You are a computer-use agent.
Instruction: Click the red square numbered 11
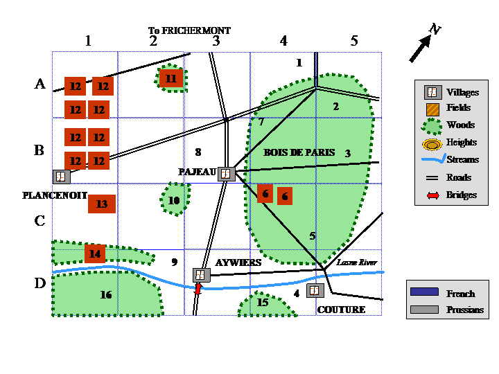pyautogui.click(x=171, y=78)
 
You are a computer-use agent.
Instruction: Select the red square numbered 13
pyautogui.click(x=102, y=204)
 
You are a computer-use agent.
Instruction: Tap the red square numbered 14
pyautogui.click(x=95, y=253)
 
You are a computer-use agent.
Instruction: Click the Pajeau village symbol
pyautogui.click(x=226, y=174)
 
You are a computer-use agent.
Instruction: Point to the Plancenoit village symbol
pyautogui.click(x=62, y=177)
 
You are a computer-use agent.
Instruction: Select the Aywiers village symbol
pyautogui.click(x=202, y=275)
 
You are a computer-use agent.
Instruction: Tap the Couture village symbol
pyautogui.click(x=315, y=290)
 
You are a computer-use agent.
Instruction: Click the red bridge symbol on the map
pyautogui.click(x=198, y=289)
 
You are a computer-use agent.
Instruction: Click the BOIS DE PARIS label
pyautogui.click(x=299, y=152)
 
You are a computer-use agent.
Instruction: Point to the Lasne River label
pyautogui.click(x=357, y=262)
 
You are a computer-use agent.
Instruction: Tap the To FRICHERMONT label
pyautogui.click(x=189, y=30)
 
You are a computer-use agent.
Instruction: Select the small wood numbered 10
pyautogui.click(x=175, y=199)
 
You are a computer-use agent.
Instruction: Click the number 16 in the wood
pyautogui.click(x=106, y=295)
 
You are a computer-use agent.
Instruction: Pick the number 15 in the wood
pyautogui.click(x=263, y=302)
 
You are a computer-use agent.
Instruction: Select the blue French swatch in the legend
pyautogui.click(x=424, y=292)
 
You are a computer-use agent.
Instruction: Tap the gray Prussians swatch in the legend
pyautogui.click(x=424, y=310)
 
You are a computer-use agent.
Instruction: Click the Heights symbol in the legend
pyautogui.click(x=432, y=145)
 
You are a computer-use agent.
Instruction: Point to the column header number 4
pyautogui.click(x=283, y=41)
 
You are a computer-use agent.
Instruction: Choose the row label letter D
pyautogui.click(x=40, y=283)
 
